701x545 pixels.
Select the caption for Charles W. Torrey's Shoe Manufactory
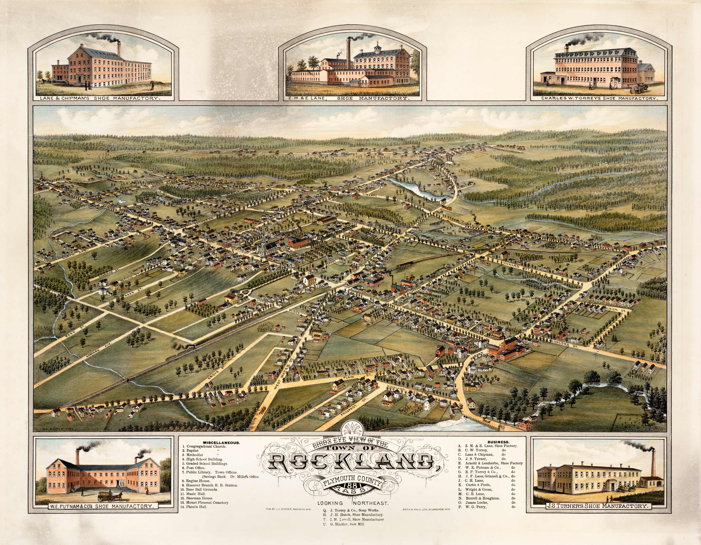599,98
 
